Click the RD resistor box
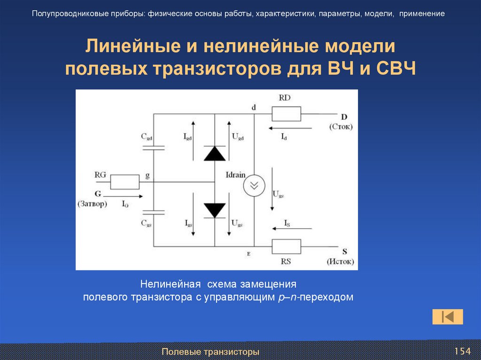coord(286,114)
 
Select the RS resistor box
coord(286,246)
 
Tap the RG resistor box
coord(124,182)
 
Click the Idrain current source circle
coord(254,186)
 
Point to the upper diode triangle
coord(215,153)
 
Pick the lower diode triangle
coord(215,210)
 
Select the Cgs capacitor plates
coord(153,212)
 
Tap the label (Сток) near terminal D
coord(341,127)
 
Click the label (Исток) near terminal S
coord(340,261)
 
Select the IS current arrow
coord(292,229)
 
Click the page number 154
coord(462,352)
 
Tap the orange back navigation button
coord(448,317)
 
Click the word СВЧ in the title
coord(396,69)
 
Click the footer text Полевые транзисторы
coord(210,352)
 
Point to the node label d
coord(254,107)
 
